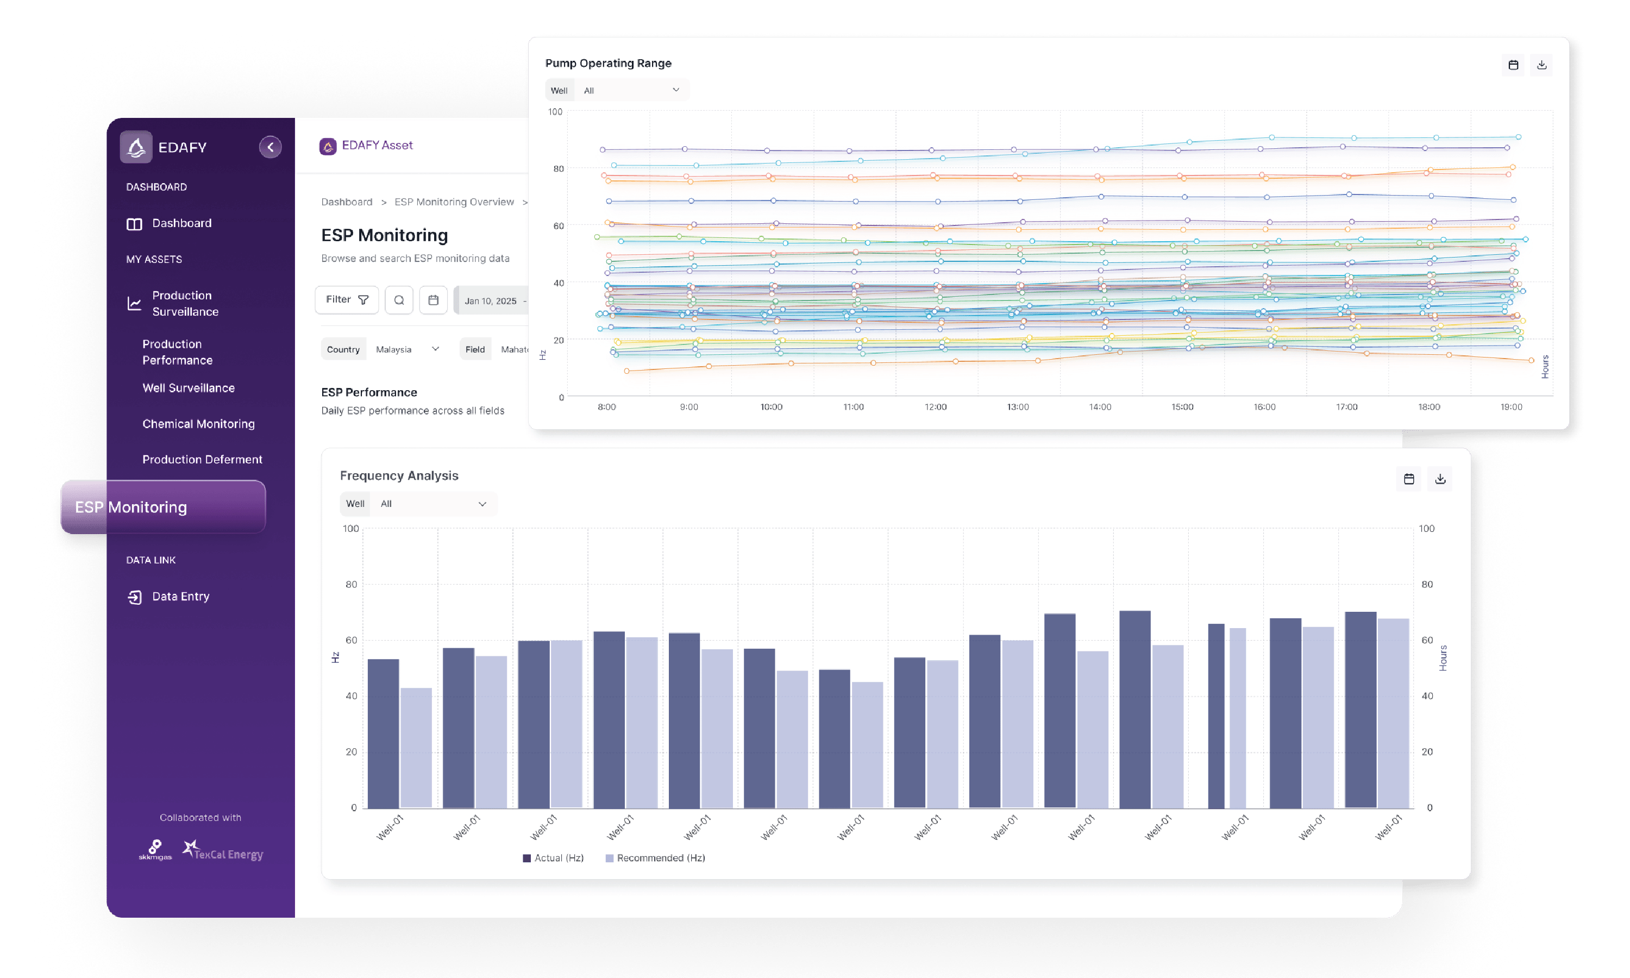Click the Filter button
(347, 300)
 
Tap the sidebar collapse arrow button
(270, 147)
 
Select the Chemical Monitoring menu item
(198, 424)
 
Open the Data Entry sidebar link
(180, 597)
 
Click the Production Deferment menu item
(202, 459)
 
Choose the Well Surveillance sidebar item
(189, 388)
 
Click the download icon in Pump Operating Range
(1541, 65)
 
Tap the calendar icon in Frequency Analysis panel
(1409, 479)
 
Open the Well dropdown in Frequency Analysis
(431, 504)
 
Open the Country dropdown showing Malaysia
(406, 349)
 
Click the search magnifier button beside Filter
(399, 300)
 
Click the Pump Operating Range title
(608, 63)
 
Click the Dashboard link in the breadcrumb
(347, 202)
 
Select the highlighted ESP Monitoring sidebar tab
(163, 507)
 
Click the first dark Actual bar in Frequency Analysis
(383, 733)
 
